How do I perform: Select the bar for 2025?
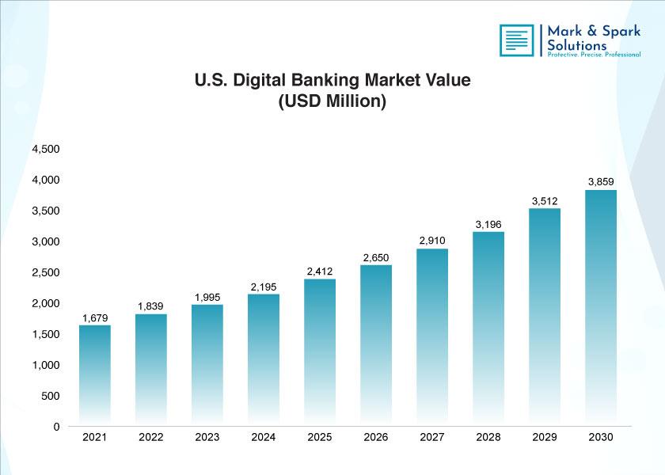[x=320, y=352]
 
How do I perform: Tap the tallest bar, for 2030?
[x=601, y=307]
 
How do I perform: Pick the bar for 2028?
[x=488, y=329]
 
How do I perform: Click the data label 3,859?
[x=601, y=182]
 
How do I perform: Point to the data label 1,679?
[x=95, y=318]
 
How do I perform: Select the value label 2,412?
[x=320, y=272]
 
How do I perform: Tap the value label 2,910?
[x=432, y=241]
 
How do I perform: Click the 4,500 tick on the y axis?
[x=46, y=150]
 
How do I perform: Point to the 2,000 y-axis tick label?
[x=46, y=304]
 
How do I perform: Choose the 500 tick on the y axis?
[x=51, y=396]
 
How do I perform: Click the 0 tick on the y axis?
[x=56, y=427]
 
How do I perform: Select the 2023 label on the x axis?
[x=207, y=437]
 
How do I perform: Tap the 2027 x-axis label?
[x=432, y=437]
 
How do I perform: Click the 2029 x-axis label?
[x=545, y=437]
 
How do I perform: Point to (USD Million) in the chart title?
[x=332, y=101]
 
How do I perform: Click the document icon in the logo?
[x=517, y=40]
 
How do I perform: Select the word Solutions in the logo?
[x=577, y=45]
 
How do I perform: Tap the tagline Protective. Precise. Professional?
[x=594, y=55]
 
